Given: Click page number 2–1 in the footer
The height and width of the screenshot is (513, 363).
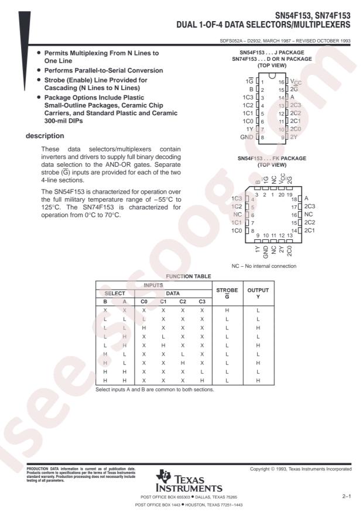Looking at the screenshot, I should tap(347, 495).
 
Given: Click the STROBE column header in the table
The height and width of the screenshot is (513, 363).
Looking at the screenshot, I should tap(222, 292).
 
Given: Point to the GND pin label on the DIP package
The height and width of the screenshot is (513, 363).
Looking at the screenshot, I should tap(246, 137).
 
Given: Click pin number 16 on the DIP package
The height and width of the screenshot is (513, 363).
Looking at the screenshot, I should tap(282, 82).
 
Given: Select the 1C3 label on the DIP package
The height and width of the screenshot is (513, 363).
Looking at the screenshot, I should tap(249, 97).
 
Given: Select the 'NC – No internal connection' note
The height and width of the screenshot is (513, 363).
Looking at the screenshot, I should tap(265, 266).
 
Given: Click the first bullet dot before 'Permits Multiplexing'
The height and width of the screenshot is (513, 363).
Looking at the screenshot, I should tap(39, 53).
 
